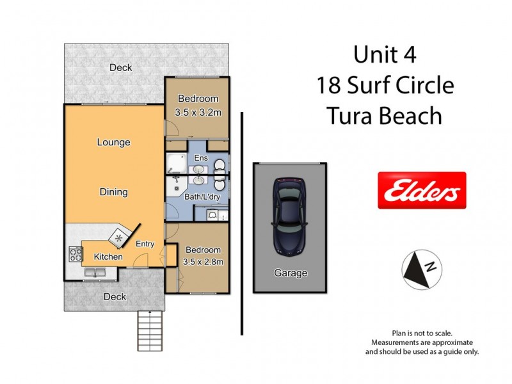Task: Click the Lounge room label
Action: [113, 142]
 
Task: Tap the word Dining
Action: [113, 191]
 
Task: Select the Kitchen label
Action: [108, 257]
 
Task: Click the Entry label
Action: [145, 243]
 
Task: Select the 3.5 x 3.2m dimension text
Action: [198, 113]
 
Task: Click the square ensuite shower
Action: [174, 165]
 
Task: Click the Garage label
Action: [291, 273]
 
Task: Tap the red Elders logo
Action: [421, 190]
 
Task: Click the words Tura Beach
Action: [384, 116]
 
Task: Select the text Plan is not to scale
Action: [422, 333]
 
